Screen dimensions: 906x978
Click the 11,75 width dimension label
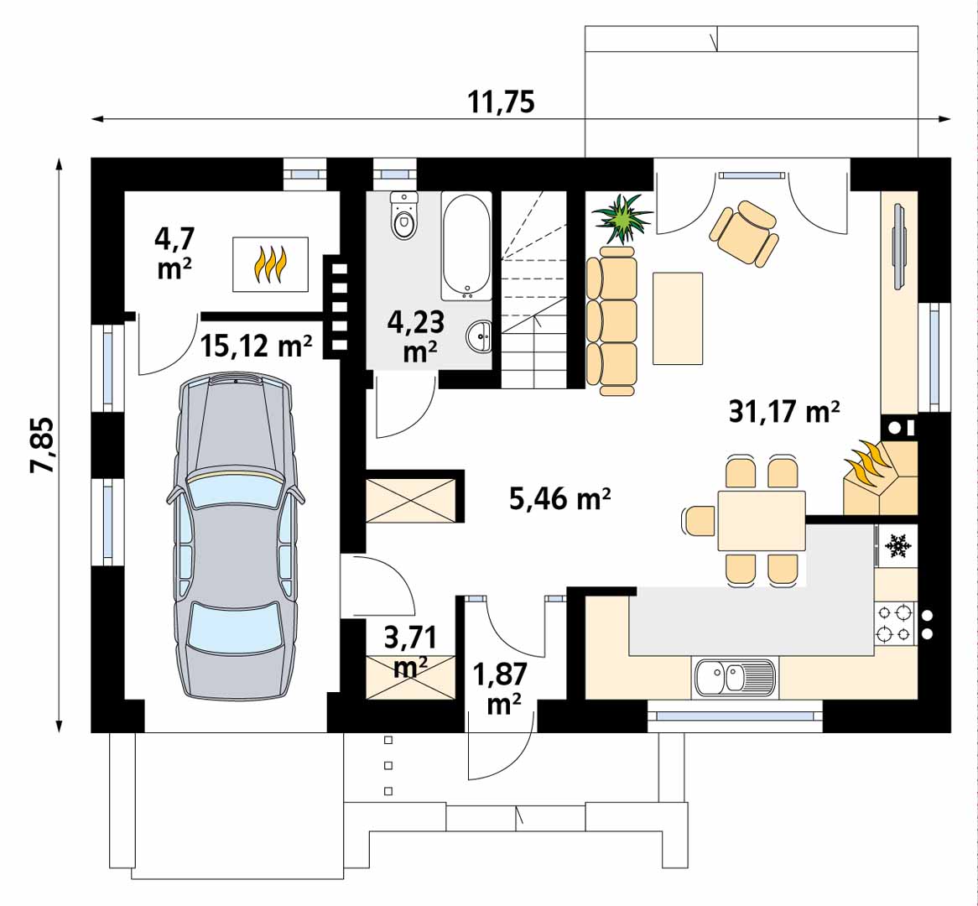point(501,102)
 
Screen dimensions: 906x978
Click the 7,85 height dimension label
point(43,445)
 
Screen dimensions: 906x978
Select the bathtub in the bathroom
point(466,247)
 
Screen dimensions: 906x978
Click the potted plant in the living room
point(622,218)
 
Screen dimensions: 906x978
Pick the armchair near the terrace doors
point(744,232)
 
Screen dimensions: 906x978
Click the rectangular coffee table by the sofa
point(678,318)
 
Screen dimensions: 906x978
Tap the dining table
point(761,520)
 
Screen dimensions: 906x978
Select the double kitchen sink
point(735,676)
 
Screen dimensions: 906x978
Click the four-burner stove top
point(893,622)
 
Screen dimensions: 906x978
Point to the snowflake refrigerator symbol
point(897,545)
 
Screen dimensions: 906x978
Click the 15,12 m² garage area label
point(257,345)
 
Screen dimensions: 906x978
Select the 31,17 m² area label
point(784,412)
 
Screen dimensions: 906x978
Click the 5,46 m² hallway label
point(559,499)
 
